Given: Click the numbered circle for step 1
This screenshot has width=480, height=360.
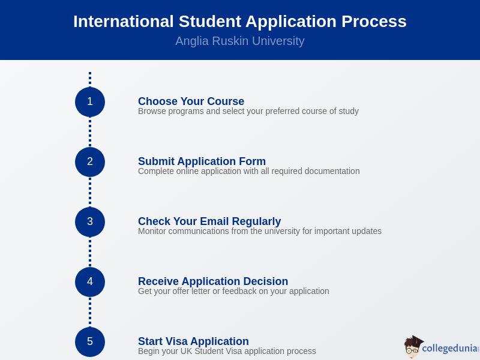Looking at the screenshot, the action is tap(90, 102).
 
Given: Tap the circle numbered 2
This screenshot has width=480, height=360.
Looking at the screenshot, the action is tap(90, 162).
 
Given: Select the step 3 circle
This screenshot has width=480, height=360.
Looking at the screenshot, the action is tap(90, 222).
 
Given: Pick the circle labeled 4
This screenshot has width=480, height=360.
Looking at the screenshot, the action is tap(90, 282).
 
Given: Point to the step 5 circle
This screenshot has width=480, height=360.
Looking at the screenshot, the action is tap(90, 342).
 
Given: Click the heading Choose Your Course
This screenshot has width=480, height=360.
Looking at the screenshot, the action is tap(191, 101).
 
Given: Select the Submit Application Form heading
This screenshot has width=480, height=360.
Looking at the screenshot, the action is tap(202, 161).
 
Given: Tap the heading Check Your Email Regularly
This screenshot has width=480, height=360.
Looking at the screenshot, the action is tap(209, 221).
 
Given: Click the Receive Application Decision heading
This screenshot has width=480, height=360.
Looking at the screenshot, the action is tap(213, 281).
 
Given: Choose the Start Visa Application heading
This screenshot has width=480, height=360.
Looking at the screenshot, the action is tap(193, 341).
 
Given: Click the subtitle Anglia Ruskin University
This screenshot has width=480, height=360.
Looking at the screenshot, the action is tap(240, 41).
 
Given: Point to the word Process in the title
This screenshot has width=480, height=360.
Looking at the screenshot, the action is tap(374, 22).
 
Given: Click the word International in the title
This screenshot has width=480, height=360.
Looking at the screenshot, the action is tap(124, 22).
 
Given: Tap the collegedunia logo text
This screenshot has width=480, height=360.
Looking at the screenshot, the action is tap(450, 349).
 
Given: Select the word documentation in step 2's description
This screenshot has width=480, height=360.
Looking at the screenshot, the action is tap(332, 171).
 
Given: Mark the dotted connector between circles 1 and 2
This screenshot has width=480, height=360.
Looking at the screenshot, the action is tap(90, 132).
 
